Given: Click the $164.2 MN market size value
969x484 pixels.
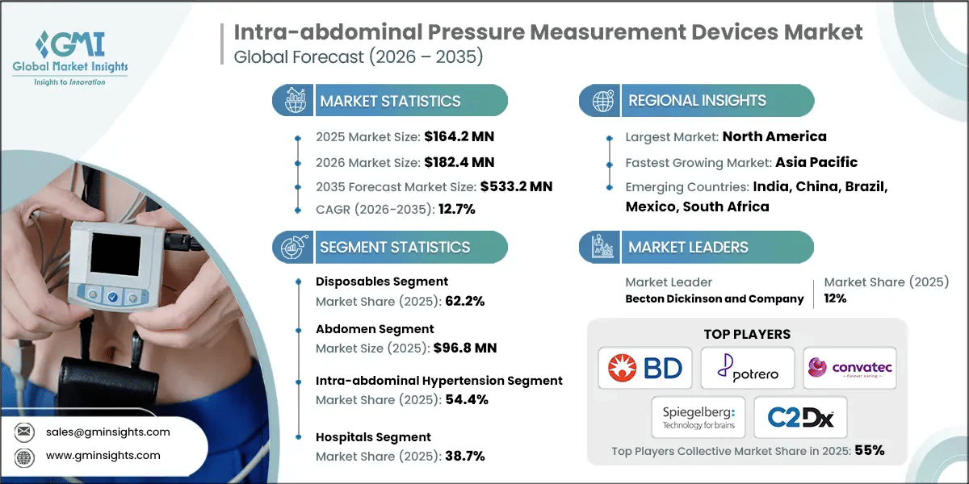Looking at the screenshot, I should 453,138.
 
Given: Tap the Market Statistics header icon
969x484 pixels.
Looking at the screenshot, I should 292,101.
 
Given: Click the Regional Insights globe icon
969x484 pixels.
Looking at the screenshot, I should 602,101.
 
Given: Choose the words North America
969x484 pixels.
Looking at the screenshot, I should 774,137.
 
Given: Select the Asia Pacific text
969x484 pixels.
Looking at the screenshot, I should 816,162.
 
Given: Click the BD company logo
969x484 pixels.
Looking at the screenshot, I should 645,369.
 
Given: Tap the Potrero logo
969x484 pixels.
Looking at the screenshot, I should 747,369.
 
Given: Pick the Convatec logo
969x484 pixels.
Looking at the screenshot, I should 849,369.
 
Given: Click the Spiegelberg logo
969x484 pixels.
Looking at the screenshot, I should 698,417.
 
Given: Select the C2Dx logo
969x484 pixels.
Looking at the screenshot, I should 800,417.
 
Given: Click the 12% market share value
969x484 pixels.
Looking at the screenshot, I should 835,298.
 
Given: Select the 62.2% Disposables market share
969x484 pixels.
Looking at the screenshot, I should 464,301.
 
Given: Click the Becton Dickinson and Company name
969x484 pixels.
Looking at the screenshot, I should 715,298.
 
